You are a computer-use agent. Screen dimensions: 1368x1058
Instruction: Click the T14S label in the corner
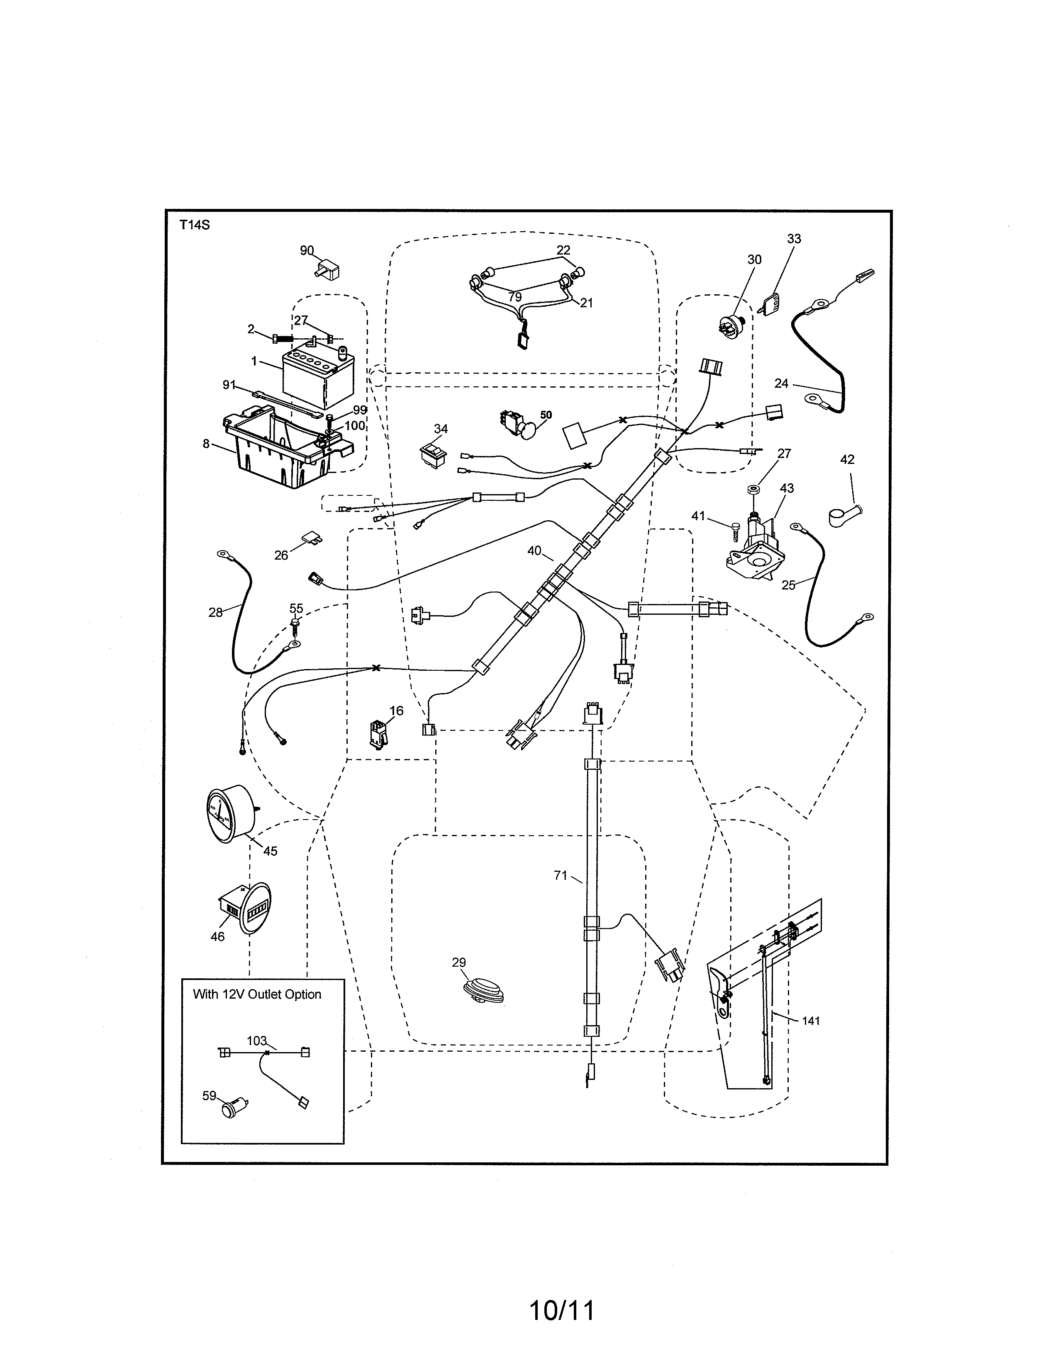click(x=194, y=225)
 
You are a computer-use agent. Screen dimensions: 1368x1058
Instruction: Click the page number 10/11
click(x=562, y=1310)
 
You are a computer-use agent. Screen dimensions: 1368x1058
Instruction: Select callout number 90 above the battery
click(x=307, y=250)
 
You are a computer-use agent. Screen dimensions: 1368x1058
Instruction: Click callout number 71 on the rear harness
click(x=561, y=876)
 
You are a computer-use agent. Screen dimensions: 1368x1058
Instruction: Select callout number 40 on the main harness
click(x=534, y=551)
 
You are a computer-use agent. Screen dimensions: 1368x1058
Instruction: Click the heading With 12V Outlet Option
click(x=257, y=994)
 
